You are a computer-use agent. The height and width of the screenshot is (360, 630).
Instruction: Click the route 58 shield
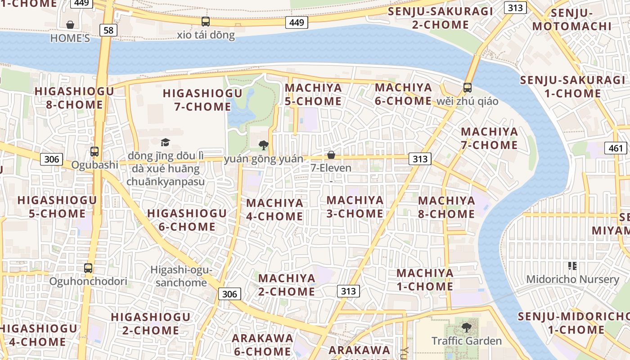coord(108,30)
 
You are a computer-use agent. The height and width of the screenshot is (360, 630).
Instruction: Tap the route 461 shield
coord(616,148)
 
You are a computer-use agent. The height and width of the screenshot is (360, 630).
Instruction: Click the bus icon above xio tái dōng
coord(206,21)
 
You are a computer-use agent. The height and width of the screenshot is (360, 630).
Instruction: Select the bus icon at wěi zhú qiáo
coord(468,87)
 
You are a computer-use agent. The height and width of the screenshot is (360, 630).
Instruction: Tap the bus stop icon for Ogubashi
coord(94,151)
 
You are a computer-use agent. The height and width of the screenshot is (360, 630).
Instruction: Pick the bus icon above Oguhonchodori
coord(88,268)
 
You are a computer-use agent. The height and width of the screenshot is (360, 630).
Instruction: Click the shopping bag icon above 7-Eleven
coord(331,155)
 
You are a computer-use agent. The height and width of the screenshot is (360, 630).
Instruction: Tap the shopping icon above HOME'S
coord(70,24)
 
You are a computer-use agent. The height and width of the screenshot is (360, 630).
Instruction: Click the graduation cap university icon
coord(166,142)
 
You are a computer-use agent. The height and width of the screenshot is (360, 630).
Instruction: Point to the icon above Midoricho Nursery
coord(572,266)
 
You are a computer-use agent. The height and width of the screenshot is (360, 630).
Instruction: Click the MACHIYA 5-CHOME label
coord(313,94)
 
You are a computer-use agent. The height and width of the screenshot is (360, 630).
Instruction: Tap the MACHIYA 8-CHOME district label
coord(446,207)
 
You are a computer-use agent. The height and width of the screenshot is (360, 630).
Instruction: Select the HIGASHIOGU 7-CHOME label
coord(202,100)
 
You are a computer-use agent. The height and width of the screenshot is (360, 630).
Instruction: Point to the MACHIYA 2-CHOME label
coord(287,284)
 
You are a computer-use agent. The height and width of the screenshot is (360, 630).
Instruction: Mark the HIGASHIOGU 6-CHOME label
coord(187,220)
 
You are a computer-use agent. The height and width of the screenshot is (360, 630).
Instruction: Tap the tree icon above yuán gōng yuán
coord(264,145)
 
